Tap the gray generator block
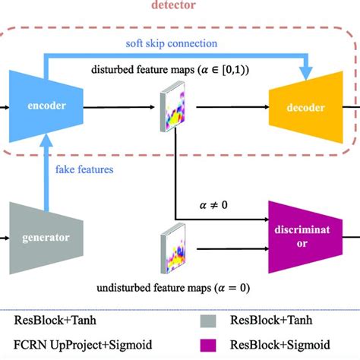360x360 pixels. (41, 236)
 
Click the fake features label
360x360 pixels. (84, 169)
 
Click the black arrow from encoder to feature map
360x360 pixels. (114, 108)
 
